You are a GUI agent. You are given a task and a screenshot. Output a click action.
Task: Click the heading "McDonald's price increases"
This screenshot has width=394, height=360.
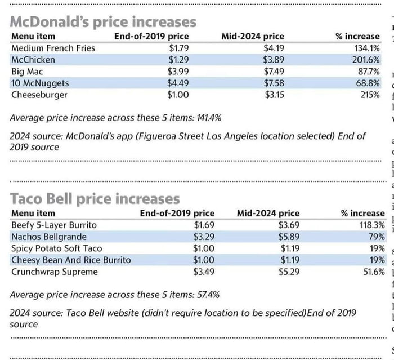coord(104,22)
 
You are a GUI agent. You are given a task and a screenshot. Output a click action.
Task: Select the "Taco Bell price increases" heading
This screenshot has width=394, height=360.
coord(95,199)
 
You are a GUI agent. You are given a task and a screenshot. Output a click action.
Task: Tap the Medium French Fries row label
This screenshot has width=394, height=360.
coord(53,48)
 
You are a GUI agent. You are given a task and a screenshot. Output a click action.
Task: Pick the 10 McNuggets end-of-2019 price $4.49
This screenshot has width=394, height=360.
coord(178,83)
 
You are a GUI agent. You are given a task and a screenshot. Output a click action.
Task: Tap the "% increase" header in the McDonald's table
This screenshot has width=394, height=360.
coord(357,37)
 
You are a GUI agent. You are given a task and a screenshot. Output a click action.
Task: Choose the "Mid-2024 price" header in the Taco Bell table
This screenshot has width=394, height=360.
coord(268,214)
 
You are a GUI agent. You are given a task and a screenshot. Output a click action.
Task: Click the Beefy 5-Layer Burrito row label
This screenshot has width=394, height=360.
coord(53,225)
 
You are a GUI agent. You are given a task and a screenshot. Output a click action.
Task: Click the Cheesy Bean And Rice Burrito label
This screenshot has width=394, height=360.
coord(71,260)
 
